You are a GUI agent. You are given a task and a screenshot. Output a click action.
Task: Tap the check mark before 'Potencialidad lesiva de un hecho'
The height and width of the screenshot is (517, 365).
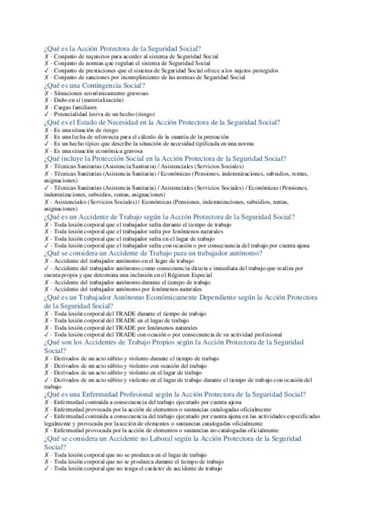[47, 114]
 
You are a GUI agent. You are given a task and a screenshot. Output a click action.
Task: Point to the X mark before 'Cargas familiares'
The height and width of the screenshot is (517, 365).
[47, 107]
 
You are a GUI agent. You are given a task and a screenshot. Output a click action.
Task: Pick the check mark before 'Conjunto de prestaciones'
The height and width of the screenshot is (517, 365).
[47, 70]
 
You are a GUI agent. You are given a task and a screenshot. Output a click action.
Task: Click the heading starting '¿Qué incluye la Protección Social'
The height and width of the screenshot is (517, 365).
[161, 158]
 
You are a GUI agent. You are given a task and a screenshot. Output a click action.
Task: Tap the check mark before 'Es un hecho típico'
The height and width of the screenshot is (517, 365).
[47, 143]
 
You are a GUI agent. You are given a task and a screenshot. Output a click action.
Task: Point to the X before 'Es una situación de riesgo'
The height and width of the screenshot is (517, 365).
[47, 129]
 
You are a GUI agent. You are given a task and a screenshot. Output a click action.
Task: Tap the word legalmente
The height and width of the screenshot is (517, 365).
[59, 423]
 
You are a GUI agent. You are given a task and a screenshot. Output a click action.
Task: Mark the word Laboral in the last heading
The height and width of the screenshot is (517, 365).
[167, 438]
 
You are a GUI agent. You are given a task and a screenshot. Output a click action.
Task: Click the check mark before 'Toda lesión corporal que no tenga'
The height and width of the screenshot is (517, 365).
[47, 469]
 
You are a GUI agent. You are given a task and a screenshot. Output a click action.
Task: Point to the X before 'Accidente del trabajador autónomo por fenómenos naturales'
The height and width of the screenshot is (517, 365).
[47, 290]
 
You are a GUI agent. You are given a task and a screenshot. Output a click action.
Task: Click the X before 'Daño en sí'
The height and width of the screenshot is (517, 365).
[47, 99]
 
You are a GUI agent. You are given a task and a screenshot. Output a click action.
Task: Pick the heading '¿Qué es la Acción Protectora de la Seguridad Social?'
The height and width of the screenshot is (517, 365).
[122, 49]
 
